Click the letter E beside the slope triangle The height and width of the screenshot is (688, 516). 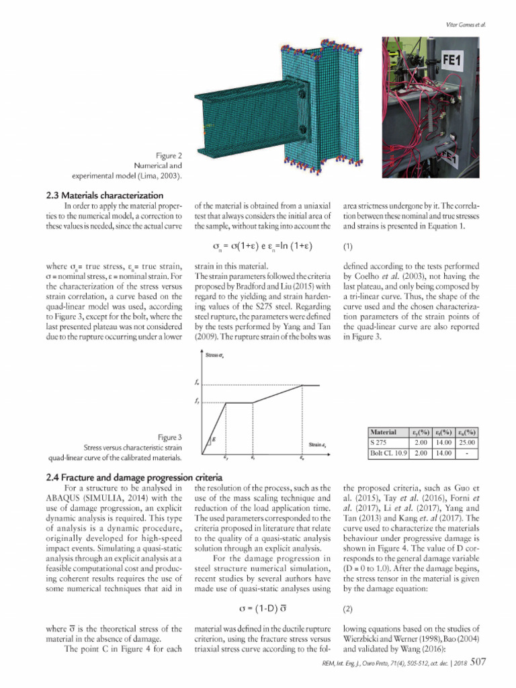[214, 439]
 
